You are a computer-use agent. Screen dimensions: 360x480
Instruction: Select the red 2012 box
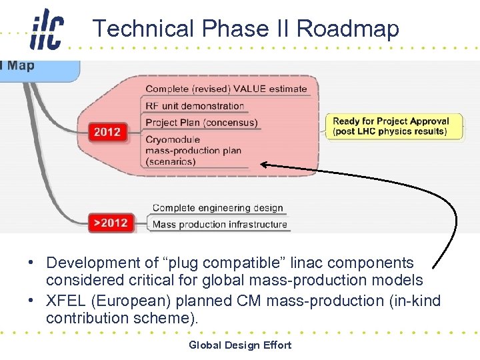point(107,131)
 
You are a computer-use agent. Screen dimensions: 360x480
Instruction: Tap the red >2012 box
point(110,223)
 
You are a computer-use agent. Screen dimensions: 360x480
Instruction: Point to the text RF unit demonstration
point(195,105)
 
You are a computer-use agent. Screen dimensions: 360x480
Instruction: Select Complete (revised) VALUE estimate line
point(227,89)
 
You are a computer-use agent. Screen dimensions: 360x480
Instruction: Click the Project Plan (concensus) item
point(201,123)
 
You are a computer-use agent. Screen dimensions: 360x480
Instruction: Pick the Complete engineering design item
point(217,208)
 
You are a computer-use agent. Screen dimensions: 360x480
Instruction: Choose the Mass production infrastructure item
point(219,225)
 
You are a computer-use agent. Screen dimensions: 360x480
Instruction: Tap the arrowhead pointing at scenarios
point(265,164)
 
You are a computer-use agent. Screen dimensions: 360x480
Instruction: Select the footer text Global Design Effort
point(240,345)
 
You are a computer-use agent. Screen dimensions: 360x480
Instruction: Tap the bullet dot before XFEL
point(31,301)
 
